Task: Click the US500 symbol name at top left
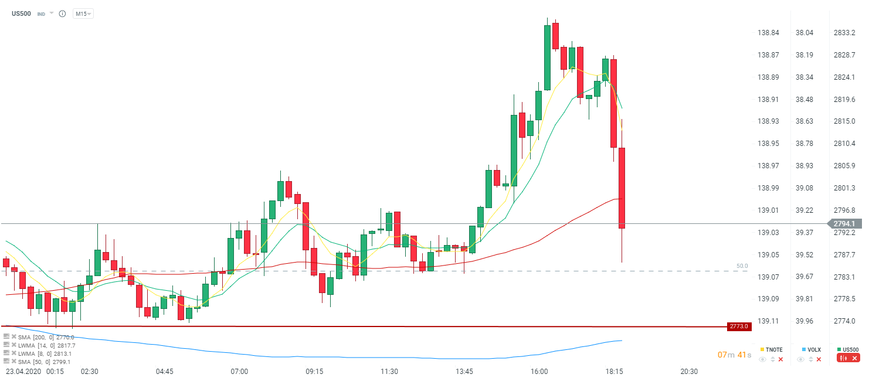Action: click(x=22, y=13)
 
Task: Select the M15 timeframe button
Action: click(x=83, y=13)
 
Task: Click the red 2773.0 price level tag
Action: click(x=739, y=326)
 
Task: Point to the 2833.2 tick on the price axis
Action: click(x=844, y=33)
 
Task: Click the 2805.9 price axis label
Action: click(x=844, y=166)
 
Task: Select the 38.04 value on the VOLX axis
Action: click(x=804, y=33)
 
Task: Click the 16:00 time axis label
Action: click(x=539, y=372)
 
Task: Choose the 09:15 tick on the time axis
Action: click(x=314, y=372)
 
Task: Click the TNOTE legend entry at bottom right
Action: click(x=772, y=349)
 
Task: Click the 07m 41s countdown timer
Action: click(x=734, y=355)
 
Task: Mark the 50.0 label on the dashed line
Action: click(x=742, y=266)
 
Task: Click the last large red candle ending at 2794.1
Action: click(x=622, y=188)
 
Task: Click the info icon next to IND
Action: click(x=62, y=13)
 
